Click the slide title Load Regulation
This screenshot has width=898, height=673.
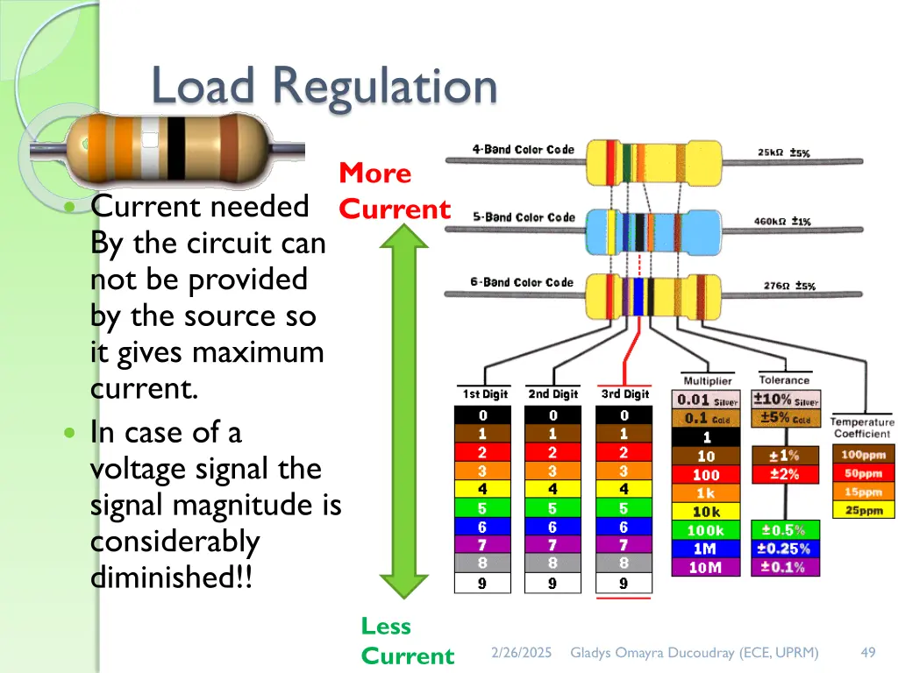324,87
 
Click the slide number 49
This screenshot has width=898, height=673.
868,652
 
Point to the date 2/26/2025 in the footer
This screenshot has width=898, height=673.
521,652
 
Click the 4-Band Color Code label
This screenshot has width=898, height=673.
523,150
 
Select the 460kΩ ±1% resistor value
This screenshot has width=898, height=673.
784,221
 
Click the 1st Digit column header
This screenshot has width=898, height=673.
481,394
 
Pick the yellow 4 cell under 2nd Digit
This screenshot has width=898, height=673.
552,489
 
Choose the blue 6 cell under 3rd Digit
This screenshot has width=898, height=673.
624,528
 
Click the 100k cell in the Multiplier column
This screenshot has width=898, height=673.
706,530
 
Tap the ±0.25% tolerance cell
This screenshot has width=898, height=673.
786,549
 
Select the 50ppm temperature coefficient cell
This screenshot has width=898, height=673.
863,473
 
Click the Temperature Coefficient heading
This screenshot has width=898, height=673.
862,428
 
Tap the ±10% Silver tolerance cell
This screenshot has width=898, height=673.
788,400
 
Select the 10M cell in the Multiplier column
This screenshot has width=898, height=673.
706,567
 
